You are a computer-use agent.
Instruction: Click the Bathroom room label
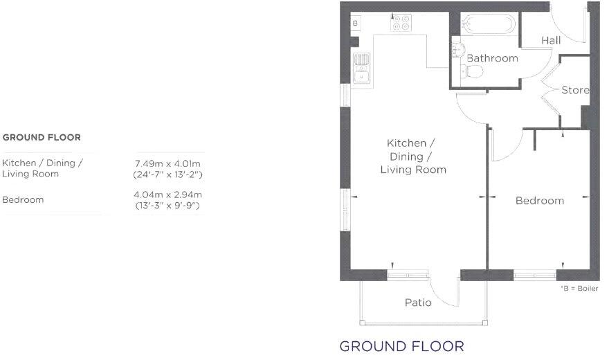[492, 58]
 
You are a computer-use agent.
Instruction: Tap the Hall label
[551, 41]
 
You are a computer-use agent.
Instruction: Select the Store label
[575, 90]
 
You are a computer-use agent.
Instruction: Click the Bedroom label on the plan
[540, 201]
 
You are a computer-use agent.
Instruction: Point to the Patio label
[418, 303]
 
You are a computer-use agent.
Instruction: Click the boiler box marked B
[355, 23]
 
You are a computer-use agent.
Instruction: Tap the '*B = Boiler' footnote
[579, 288]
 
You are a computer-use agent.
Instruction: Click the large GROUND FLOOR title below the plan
[401, 345]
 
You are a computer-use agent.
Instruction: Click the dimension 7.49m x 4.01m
[167, 163]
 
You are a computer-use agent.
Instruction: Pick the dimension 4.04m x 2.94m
[167, 195]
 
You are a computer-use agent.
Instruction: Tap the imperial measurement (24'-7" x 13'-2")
[167, 174]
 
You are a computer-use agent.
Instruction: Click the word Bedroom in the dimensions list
[23, 200]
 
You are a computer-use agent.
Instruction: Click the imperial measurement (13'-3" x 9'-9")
[167, 206]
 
